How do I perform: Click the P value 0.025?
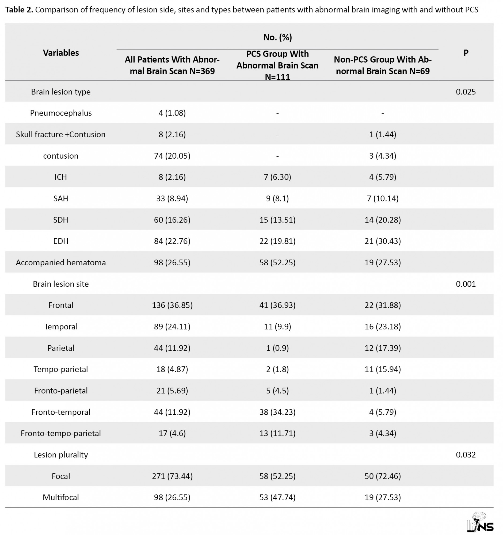[x=466, y=92]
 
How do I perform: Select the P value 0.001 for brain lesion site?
[x=466, y=284]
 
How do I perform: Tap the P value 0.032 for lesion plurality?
[x=466, y=454]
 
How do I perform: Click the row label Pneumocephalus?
[x=61, y=113]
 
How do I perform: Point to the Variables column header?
[x=61, y=53]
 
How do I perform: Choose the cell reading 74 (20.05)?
[x=172, y=156]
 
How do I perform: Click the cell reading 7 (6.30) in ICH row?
[x=277, y=177]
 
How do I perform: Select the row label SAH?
[x=61, y=198]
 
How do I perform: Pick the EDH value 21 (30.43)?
[x=382, y=241]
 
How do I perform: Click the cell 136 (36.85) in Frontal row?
[x=172, y=305]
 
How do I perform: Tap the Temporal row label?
[x=61, y=326]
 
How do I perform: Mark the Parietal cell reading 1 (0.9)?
[x=277, y=348]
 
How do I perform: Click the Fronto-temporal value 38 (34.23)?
[x=277, y=412]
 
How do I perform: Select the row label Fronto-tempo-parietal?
[x=61, y=433]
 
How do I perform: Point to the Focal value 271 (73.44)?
[x=172, y=476]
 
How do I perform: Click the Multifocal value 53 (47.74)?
[x=277, y=497]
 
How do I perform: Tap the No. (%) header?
[x=277, y=37]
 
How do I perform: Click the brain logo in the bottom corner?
[x=480, y=522]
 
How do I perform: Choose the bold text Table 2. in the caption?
[x=19, y=10]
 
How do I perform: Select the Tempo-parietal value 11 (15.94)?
[x=382, y=369]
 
